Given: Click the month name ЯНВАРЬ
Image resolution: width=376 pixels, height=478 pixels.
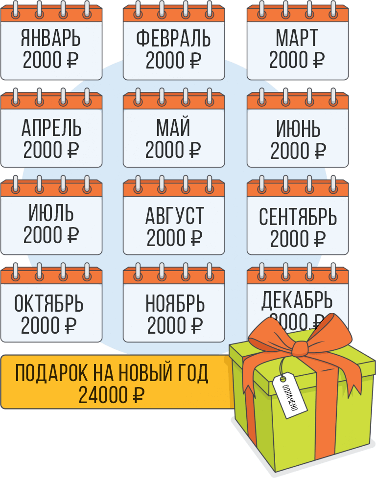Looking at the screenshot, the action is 51,39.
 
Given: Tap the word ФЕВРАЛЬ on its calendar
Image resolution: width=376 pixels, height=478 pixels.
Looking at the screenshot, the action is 174,39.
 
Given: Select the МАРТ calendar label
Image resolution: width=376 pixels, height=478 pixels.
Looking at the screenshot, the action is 297,39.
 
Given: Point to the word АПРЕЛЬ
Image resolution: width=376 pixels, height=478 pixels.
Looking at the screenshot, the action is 51,129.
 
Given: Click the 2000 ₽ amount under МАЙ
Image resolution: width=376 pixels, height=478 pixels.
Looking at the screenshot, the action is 173,150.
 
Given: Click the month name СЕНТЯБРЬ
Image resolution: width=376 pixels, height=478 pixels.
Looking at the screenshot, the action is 298,217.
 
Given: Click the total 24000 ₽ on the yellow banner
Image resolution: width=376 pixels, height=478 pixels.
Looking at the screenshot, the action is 112,395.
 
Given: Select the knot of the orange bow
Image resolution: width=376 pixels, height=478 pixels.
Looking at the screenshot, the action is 299,348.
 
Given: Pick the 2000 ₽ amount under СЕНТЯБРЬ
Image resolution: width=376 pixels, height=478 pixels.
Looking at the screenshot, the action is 298,239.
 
